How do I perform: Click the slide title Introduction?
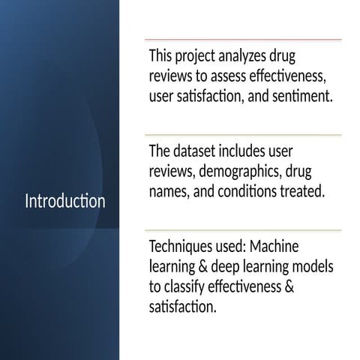click(x=65, y=202)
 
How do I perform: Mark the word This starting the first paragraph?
click(x=161, y=56)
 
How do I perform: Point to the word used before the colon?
click(x=229, y=247)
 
